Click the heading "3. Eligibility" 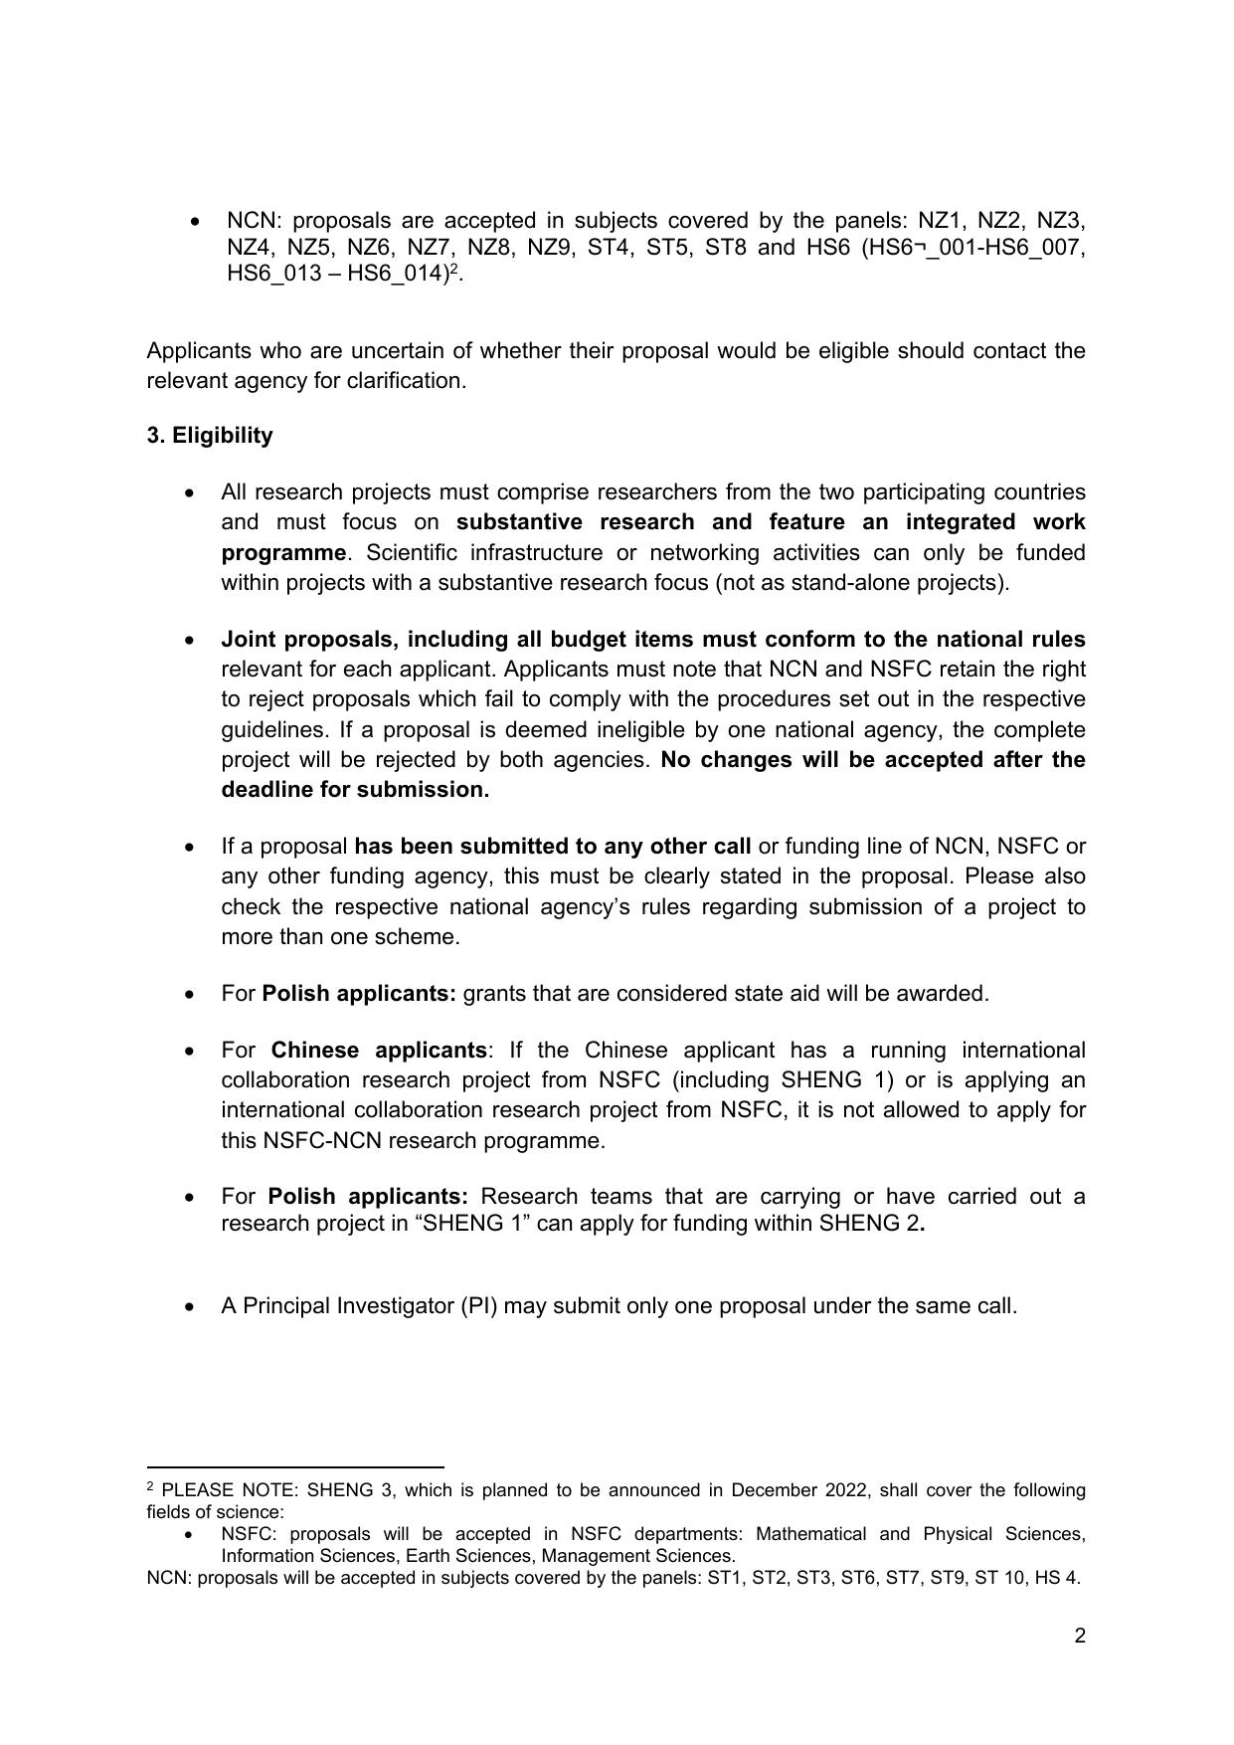[209, 436]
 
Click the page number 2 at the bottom [1080, 1636]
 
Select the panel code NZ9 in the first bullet [549, 248]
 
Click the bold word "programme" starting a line [283, 552]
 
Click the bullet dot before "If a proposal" [191, 848]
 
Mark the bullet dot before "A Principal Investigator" [191, 1307]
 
